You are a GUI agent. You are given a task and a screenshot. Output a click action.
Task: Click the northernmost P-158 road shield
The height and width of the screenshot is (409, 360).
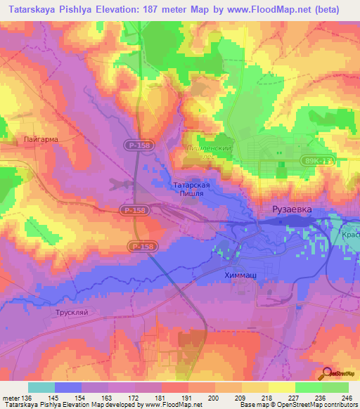(139, 144)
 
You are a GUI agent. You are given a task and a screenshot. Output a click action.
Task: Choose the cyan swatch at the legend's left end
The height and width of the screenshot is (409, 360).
(41, 387)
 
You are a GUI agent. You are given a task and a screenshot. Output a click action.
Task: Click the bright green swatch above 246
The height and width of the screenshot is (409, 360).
(335, 387)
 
